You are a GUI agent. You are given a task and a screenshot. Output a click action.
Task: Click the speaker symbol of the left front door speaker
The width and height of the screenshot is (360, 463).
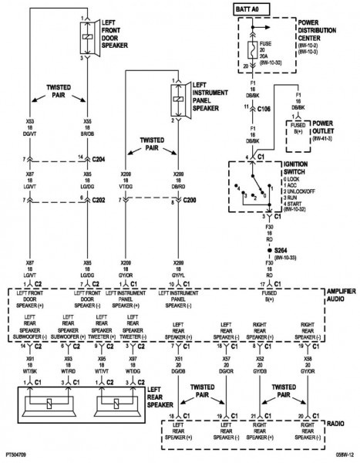[x=82, y=35]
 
